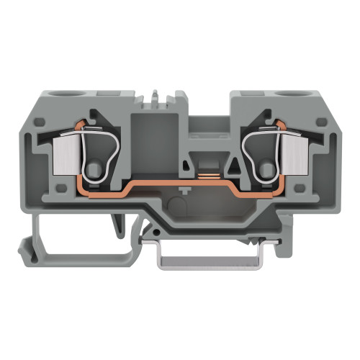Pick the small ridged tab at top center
pos(161,96)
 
